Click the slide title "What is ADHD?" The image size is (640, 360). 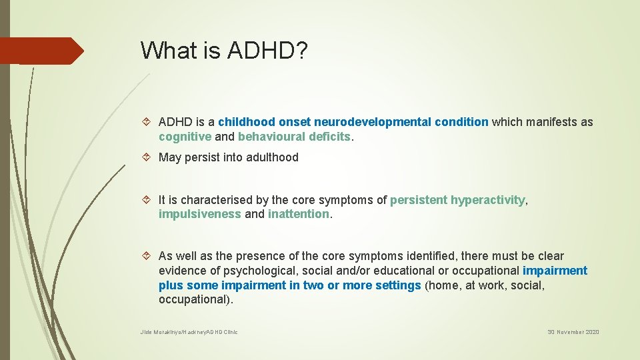tap(224, 50)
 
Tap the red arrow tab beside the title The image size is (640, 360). tap(40, 51)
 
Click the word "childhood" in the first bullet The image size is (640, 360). tap(246, 122)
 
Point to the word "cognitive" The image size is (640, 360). tap(185, 137)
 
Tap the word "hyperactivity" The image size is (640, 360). tap(488, 200)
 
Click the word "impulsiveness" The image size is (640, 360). tap(200, 214)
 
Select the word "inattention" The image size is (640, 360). tap(298, 214)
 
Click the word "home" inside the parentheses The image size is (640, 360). tap(444, 285)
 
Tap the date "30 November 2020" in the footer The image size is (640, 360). tap(573, 332)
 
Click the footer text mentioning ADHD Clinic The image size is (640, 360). tap(189, 332)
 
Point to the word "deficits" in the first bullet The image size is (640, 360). tap(329, 137)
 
